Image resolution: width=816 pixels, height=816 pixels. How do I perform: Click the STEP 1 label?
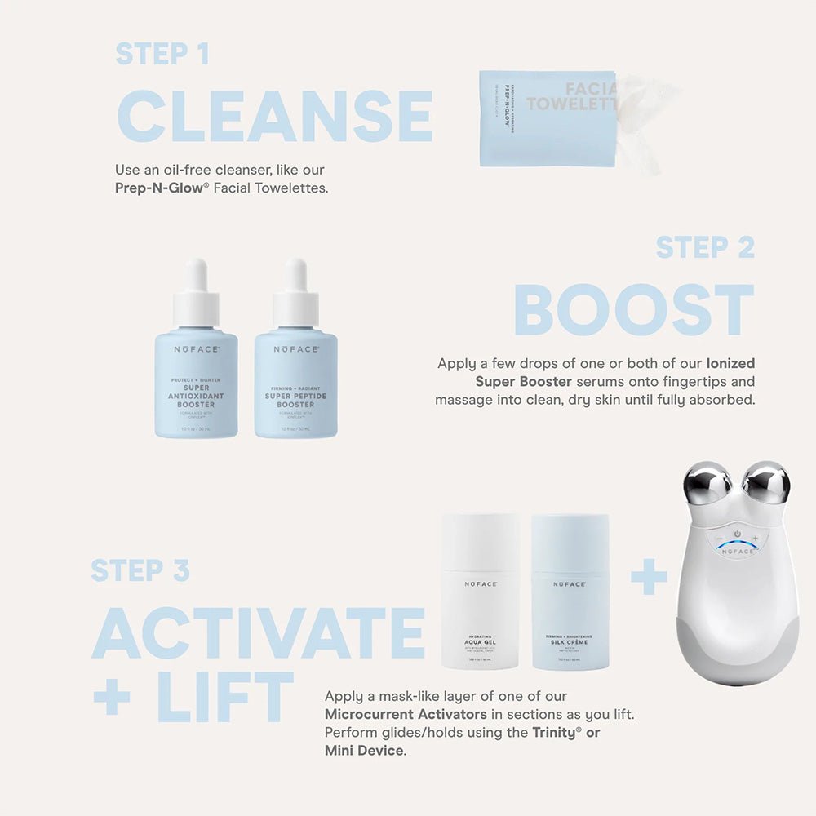162,54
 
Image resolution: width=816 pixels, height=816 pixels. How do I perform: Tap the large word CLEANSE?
274,117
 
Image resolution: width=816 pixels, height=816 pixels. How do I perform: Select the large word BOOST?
633,310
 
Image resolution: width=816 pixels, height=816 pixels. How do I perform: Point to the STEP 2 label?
705,247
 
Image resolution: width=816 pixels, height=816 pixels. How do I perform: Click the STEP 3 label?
140,570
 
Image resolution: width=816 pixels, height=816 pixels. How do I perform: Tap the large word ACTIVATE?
259,633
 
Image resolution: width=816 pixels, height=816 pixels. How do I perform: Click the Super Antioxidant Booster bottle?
196,384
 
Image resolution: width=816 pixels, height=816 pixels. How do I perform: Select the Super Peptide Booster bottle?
295,384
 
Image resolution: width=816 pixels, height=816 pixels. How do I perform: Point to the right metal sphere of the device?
767,483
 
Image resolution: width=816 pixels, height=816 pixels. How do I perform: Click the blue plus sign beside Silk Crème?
649,580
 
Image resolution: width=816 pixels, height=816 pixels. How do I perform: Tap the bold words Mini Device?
364,750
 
